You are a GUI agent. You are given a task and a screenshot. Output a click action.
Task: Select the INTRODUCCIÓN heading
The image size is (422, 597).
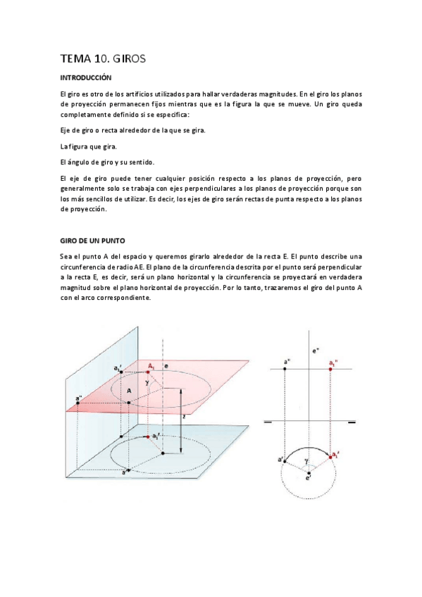pos(86,77)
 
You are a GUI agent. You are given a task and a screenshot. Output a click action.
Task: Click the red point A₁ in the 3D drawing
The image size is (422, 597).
pos(148,371)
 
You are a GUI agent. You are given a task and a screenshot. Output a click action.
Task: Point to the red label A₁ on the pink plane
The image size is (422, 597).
pos(151,365)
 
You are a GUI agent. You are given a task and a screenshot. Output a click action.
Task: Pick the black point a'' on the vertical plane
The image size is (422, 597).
pos(77,403)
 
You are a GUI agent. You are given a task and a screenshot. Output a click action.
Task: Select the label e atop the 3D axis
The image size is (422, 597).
pos(165,366)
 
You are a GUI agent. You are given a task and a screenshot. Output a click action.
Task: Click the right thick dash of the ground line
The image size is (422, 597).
pos(352,422)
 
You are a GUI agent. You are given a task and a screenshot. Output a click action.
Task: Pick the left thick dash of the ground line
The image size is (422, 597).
pos(268,422)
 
